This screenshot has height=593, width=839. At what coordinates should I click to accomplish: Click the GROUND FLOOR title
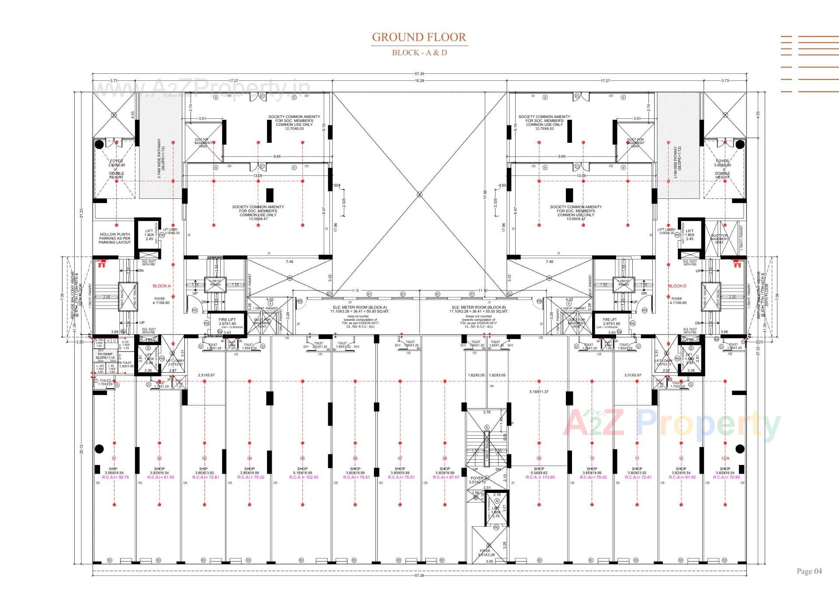point(419,37)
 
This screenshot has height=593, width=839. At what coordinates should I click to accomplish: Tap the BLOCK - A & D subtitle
point(419,52)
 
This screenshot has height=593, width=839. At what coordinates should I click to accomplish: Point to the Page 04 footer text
point(809,571)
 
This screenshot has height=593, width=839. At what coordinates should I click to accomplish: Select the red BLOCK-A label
point(161,286)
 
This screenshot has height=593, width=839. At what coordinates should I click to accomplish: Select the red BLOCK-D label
point(677,286)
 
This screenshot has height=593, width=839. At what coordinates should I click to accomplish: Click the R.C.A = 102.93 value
point(302,477)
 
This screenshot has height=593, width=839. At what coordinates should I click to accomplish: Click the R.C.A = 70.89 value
point(725,477)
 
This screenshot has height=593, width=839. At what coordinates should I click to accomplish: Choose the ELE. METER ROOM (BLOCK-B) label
point(478,307)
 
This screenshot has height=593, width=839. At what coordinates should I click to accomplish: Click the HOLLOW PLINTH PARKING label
point(114,238)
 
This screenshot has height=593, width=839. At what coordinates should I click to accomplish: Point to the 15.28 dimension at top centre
point(419,81)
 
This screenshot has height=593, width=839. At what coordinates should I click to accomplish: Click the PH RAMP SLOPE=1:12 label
point(105,356)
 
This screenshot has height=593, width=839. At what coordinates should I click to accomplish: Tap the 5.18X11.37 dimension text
point(538,392)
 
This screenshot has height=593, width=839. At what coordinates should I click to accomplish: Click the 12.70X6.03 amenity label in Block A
point(294,128)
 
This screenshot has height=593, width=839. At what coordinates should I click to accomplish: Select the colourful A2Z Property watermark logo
point(670,423)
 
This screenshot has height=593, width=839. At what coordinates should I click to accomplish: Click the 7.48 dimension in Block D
point(549,262)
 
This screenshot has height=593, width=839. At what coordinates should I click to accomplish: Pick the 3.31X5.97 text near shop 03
point(206,375)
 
